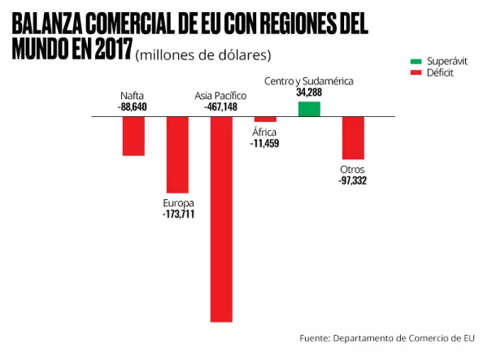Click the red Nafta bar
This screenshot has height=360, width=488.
133,136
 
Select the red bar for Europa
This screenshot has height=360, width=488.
177,154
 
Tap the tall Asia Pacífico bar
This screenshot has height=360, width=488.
222,219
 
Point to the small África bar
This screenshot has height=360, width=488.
265,119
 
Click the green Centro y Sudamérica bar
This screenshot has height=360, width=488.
309,109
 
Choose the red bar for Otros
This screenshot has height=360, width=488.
353,137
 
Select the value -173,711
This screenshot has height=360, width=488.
178,215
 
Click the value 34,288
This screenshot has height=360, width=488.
310,93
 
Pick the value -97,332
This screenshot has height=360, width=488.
352,180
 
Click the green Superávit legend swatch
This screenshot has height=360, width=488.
415,62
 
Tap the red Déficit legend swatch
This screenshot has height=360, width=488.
415,73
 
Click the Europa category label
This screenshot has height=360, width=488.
178,203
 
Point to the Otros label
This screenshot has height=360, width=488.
352,169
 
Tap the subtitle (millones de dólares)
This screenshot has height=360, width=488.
203,54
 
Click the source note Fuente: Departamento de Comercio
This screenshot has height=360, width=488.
387,337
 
